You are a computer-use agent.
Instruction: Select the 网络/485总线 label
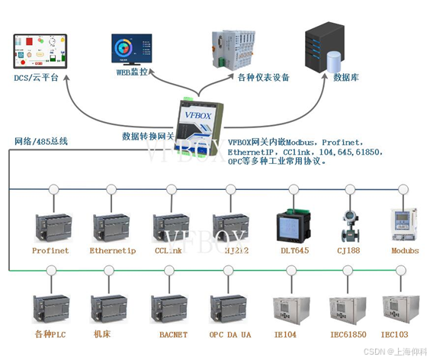(41, 141)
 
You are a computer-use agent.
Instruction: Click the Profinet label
(50, 250)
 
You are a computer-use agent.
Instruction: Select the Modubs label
(405, 250)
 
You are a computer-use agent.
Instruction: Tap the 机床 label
(102, 335)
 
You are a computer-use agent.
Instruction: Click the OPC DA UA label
(229, 335)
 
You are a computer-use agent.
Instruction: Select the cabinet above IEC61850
(347, 309)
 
